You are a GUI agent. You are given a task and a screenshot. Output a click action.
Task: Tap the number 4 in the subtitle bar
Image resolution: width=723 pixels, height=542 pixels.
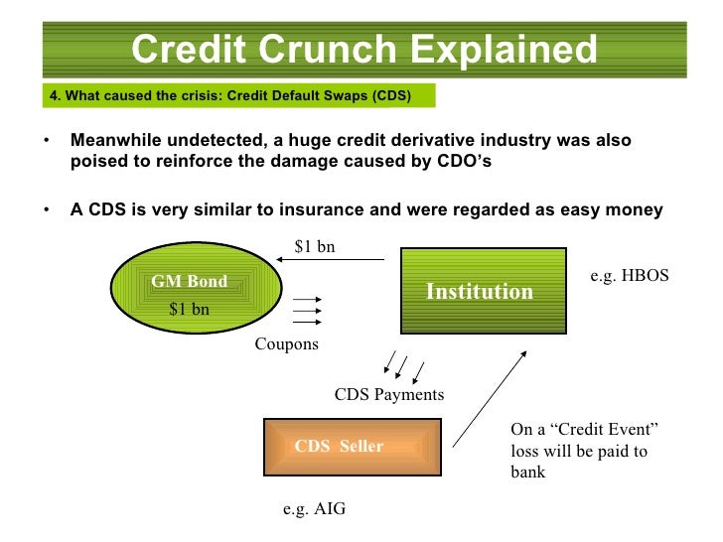tap(55, 96)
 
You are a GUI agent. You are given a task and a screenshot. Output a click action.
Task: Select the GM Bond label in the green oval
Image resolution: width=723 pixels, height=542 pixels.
tap(189, 282)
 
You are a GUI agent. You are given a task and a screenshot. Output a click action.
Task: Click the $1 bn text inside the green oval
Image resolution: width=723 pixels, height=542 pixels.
tap(189, 309)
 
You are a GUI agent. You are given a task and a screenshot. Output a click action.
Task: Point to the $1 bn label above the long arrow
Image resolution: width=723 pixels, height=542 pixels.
tap(315, 247)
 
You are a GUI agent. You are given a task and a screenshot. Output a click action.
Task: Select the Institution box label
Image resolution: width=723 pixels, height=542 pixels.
tap(480, 291)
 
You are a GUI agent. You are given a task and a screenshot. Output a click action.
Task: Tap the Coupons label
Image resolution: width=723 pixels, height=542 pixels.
tap(287, 344)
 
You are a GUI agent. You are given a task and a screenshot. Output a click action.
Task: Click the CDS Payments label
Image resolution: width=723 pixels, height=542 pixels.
tap(389, 395)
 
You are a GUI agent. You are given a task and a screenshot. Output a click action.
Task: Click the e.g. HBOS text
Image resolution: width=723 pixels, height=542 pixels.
tap(630, 278)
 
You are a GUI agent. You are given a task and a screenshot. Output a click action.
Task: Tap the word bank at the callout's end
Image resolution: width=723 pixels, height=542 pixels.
tap(527, 473)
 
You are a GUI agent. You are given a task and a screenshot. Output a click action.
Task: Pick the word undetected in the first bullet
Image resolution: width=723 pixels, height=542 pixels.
tap(206, 140)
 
